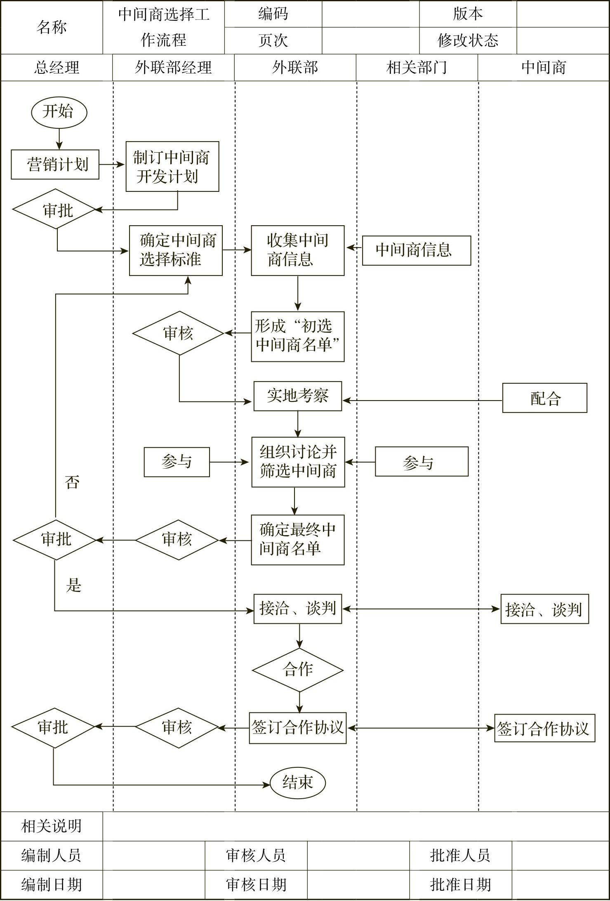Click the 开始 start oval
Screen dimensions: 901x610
click(x=59, y=112)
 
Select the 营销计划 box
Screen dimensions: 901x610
click(x=55, y=165)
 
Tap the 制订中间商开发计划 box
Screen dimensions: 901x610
click(x=172, y=167)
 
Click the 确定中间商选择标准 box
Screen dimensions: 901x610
click(x=176, y=250)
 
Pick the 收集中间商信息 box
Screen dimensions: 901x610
click(x=297, y=250)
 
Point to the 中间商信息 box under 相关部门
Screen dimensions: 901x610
click(x=416, y=250)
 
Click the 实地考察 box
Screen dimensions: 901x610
click(x=297, y=396)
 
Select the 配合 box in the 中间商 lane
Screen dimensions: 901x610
click(x=544, y=398)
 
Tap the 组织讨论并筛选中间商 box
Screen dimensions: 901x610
click(x=298, y=462)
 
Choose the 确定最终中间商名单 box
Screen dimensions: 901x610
click(x=297, y=540)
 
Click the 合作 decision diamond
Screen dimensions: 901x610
click(x=297, y=670)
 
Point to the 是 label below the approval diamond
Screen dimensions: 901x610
click(x=74, y=585)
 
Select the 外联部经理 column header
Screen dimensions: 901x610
click(x=173, y=68)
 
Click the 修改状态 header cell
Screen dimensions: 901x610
click(x=468, y=40)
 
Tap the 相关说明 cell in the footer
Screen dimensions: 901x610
click(x=52, y=826)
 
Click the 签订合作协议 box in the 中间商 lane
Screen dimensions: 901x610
click(x=544, y=729)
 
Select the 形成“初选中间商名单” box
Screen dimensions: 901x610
click(x=297, y=337)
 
